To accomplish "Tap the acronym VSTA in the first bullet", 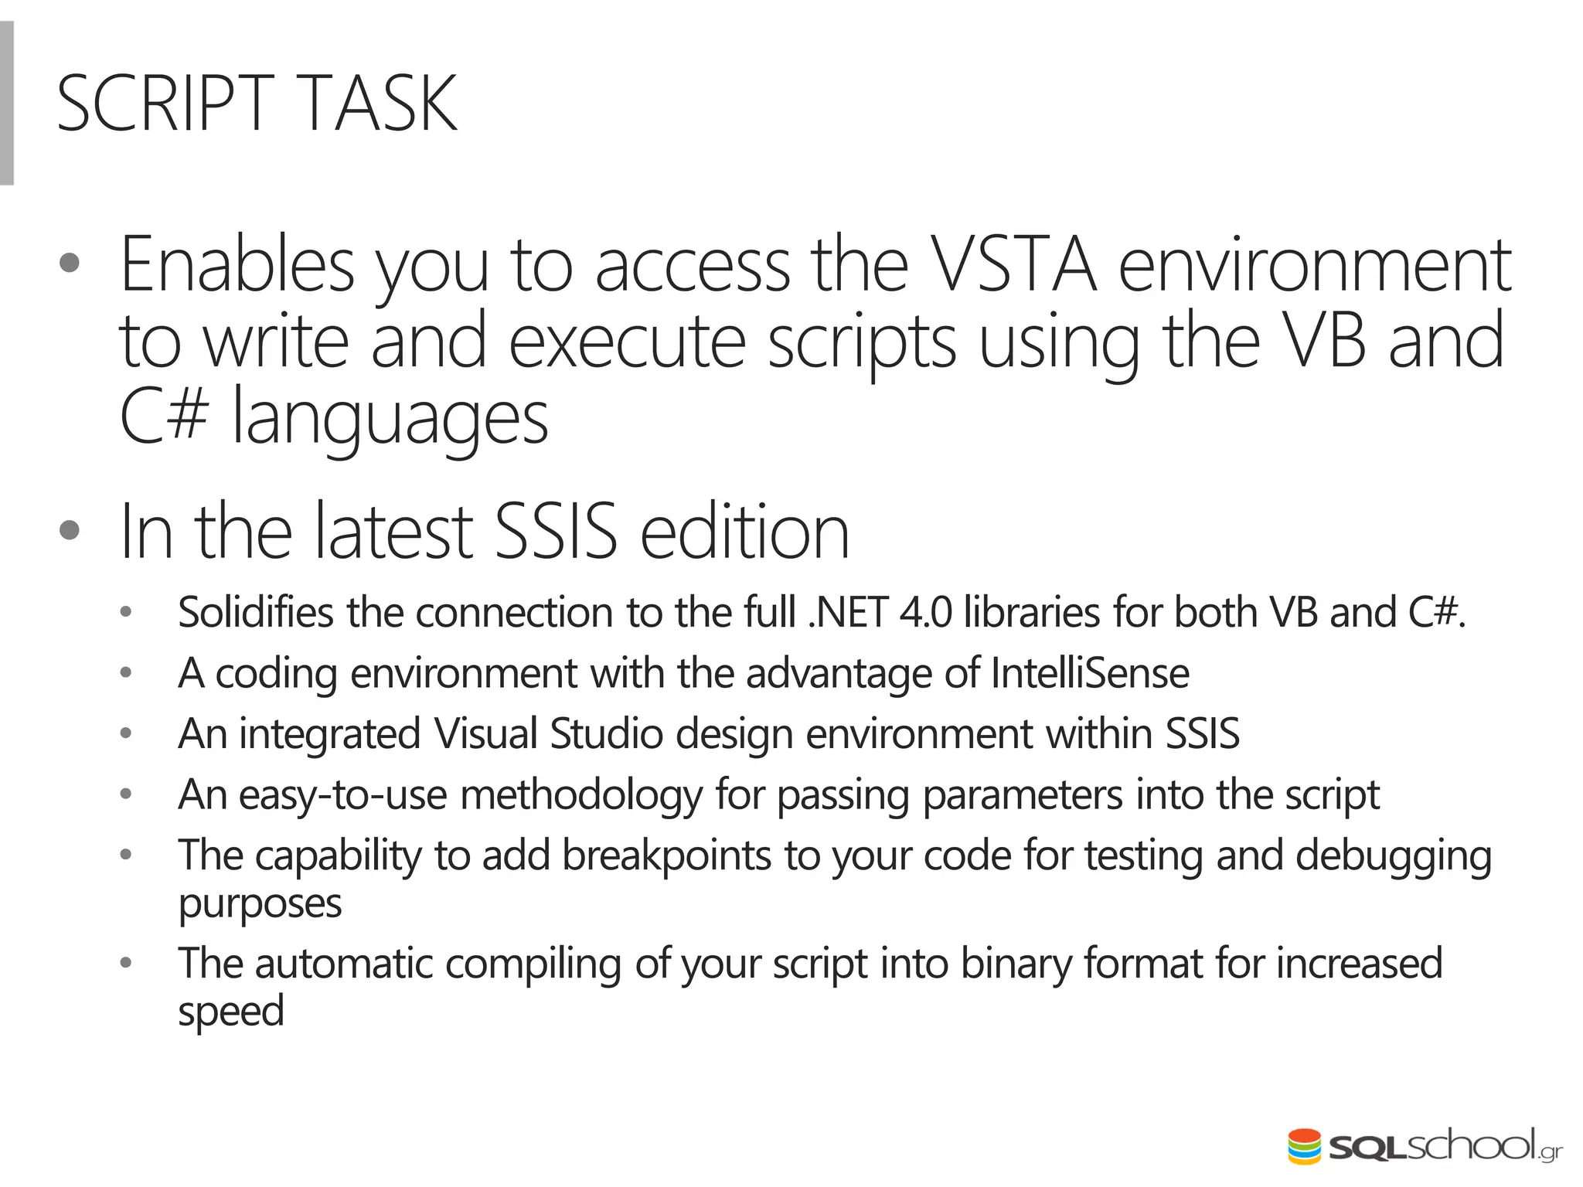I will pos(1013,265).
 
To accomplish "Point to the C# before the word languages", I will pos(164,416).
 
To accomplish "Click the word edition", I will pos(744,532).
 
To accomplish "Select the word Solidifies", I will pos(255,613).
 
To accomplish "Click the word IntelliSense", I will pos(1090,673).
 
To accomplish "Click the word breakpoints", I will pos(666,855).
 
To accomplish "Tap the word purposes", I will pos(260,904).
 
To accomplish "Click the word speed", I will pos(231,1012).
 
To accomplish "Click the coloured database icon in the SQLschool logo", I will pos(1304,1146).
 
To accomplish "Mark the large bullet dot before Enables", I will pos(70,264).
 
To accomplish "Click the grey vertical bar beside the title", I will pos(7,103).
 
